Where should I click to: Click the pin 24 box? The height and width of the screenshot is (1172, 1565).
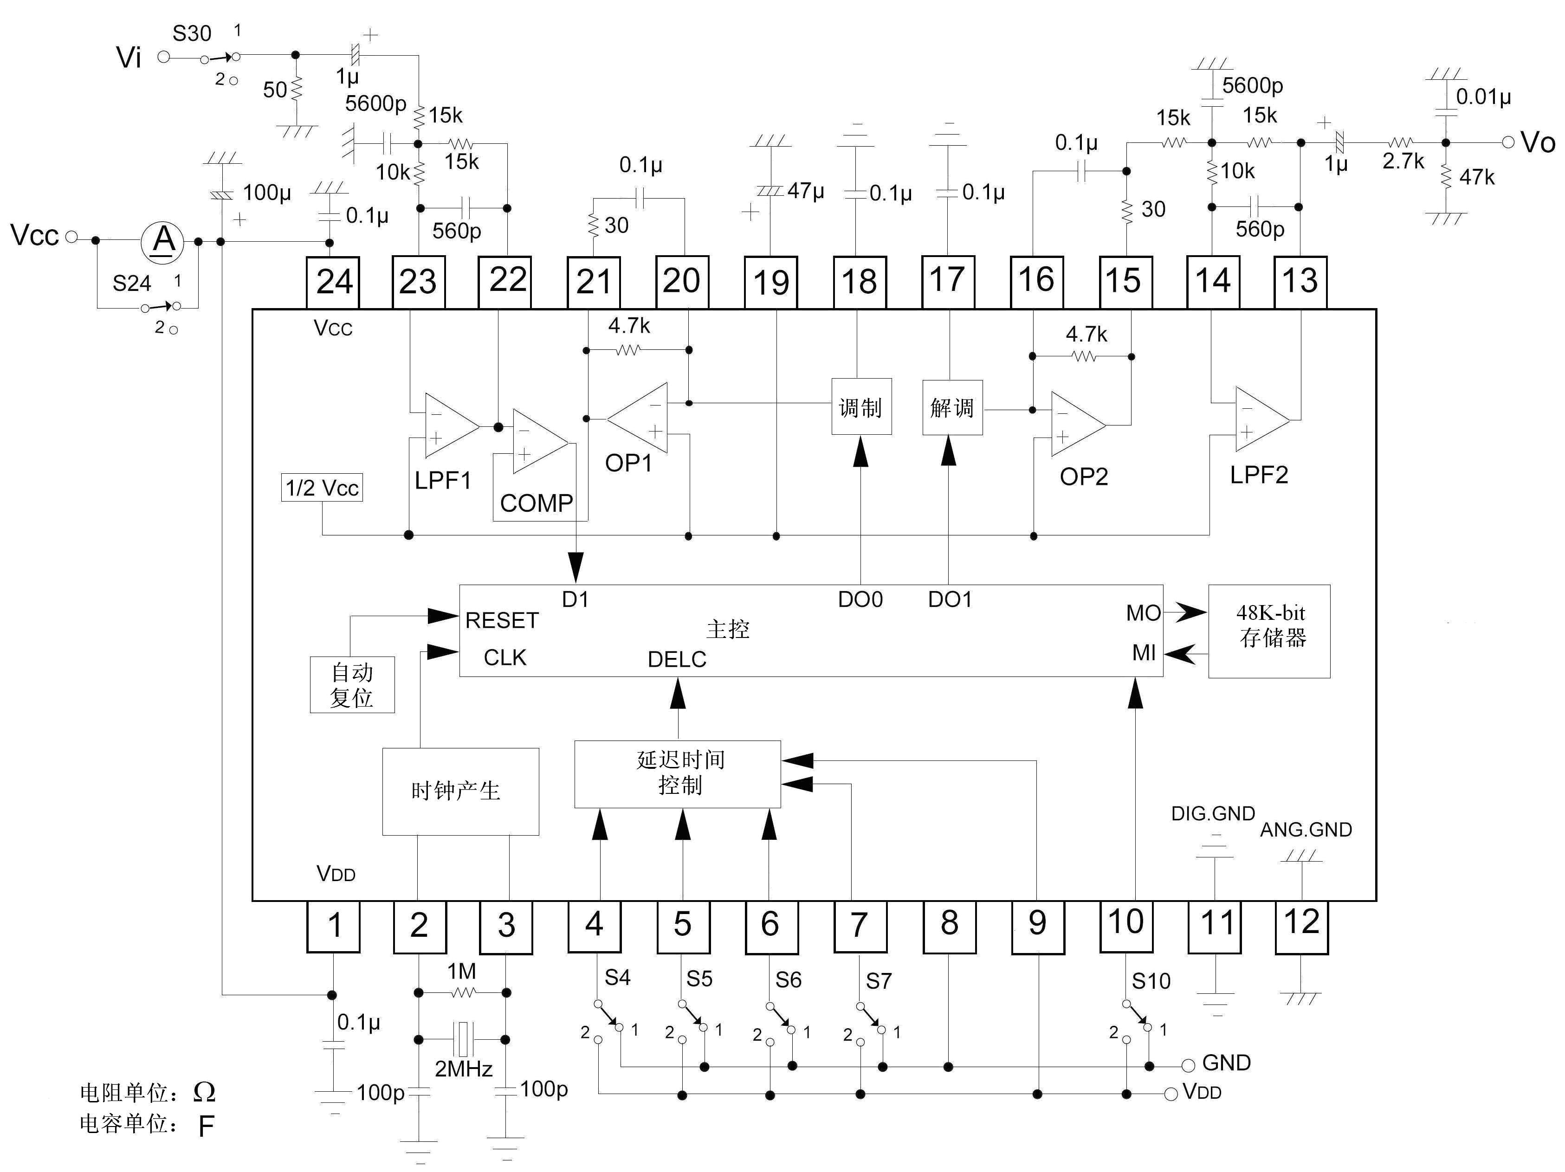[332, 282]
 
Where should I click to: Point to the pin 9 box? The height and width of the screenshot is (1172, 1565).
[1037, 926]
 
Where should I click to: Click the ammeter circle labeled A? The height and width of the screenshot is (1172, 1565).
[163, 241]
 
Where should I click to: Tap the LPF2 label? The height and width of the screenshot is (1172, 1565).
[1259, 475]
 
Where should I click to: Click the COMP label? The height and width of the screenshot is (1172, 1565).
[537, 503]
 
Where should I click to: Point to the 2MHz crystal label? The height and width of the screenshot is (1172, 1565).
[463, 1069]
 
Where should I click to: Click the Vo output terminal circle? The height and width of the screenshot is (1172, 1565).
[1508, 142]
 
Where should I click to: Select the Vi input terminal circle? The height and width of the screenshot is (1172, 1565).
[163, 57]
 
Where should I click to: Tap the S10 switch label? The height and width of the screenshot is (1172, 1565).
[1151, 981]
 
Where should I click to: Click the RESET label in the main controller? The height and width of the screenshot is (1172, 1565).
[502, 621]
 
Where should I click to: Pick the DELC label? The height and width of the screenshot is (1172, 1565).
[677, 659]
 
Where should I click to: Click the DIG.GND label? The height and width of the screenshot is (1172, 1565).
[1213, 813]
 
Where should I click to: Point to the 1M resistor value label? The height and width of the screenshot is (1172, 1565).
[461, 971]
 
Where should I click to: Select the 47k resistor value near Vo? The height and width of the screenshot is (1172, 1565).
[1476, 178]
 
